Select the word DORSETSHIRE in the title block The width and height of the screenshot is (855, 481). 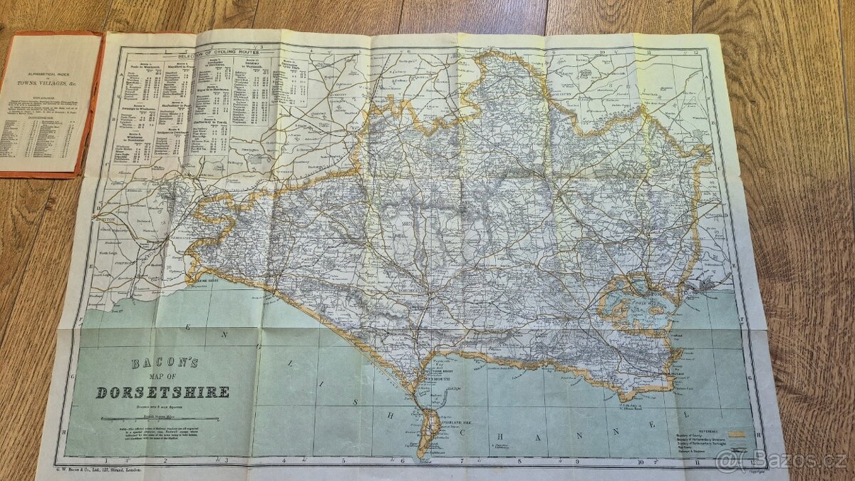click(x=162, y=392)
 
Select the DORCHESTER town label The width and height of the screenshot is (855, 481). click(x=420, y=291)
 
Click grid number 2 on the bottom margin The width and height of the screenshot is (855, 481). click(x=165, y=461)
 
